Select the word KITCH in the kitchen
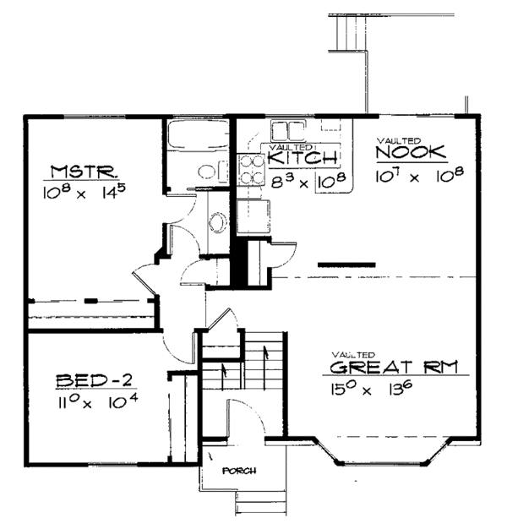coord(304,158)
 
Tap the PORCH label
coord(239,471)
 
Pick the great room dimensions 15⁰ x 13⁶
coord(370,392)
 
